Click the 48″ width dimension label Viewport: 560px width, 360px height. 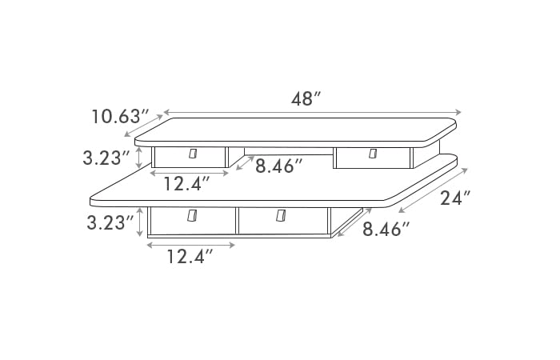[x=306, y=99]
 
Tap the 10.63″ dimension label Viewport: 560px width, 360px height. [x=120, y=117]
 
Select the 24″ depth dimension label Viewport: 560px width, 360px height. [x=454, y=198]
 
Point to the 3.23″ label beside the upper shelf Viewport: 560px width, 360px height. [x=106, y=158]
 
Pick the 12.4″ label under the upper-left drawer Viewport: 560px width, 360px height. [x=186, y=184]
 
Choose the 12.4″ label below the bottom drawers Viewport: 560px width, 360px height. [x=190, y=257]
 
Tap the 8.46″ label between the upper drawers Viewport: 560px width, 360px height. [x=279, y=166]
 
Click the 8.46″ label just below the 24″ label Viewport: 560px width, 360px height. [x=386, y=229]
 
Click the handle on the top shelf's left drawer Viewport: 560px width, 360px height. [x=193, y=154]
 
